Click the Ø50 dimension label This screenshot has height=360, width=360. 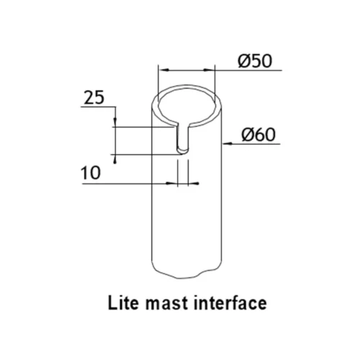click(255, 61)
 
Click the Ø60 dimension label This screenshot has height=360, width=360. click(258, 135)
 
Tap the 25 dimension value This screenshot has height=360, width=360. click(94, 97)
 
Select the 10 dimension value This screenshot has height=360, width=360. click(91, 173)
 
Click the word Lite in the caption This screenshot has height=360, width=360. click(123, 303)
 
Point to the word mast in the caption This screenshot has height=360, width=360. click(167, 304)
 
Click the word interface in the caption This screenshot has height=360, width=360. click(230, 303)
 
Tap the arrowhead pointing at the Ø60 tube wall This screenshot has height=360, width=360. click(227, 144)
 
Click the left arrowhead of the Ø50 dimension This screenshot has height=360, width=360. click(164, 70)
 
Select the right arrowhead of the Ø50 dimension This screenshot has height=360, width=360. click(209, 70)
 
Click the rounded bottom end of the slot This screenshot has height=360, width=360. click(183, 150)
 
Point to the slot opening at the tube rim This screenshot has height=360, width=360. click(183, 124)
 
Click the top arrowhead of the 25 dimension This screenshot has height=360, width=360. click(115, 122)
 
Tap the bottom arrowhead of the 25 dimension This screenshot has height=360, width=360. click(115, 159)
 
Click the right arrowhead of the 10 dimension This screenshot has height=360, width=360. click(194, 184)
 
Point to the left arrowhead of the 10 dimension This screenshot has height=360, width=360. click(172, 184)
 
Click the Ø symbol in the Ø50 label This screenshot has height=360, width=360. click(244, 61)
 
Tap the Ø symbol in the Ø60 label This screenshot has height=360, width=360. click(248, 135)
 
